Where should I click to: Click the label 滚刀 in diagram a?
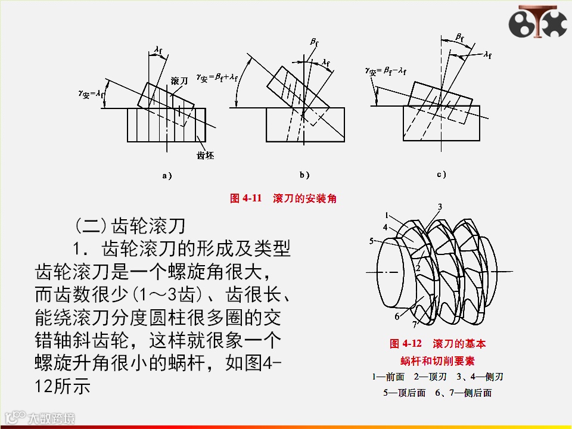[180, 80]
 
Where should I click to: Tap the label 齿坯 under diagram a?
[205, 156]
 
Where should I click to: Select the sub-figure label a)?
[167, 176]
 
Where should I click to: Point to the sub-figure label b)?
[304, 175]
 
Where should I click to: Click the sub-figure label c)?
[442, 175]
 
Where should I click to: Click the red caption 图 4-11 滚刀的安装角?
[283, 198]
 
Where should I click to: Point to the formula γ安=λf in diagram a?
[91, 94]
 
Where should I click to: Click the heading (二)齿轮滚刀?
[131, 226]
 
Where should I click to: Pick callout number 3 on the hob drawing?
[440, 207]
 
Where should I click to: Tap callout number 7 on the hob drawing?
[415, 324]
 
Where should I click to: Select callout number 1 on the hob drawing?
[387, 215]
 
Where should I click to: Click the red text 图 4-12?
[405, 344]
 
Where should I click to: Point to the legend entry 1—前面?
[388, 377]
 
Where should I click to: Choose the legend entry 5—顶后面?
[405, 393]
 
